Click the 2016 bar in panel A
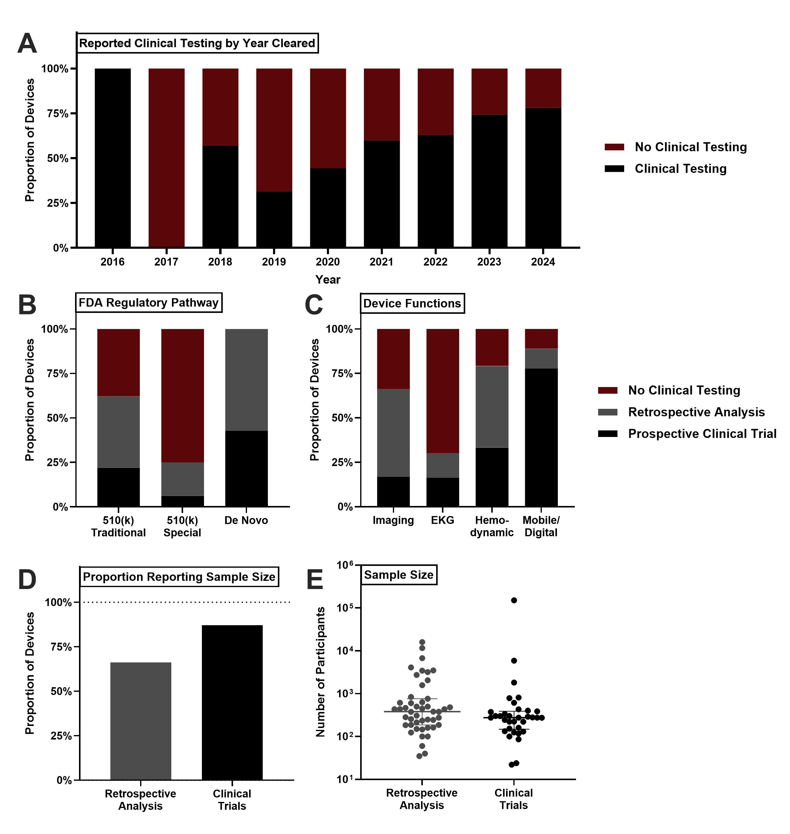pyautogui.click(x=112, y=158)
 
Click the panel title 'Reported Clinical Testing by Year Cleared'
pyautogui.click(x=197, y=43)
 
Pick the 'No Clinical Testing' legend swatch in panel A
pyautogui.click(x=614, y=147)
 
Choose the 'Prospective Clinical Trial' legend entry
pyautogui.click(x=702, y=434)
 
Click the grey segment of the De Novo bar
pyautogui.click(x=246, y=380)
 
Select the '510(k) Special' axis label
pyautogui.click(x=182, y=526)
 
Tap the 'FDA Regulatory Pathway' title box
pyautogui.click(x=149, y=303)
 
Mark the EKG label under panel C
pyautogui.click(x=443, y=520)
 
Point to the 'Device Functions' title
pyautogui.click(x=412, y=304)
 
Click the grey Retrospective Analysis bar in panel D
pyautogui.click(x=141, y=721)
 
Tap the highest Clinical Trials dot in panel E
pyautogui.click(x=514, y=600)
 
